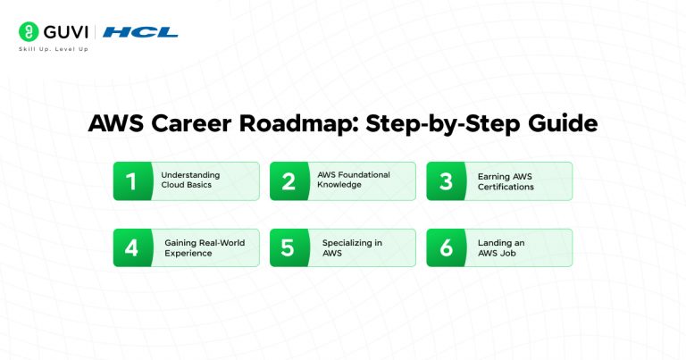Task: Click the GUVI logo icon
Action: click(28, 32)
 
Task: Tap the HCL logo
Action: click(140, 32)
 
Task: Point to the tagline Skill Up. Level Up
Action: click(54, 49)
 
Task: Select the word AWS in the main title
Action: click(113, 124)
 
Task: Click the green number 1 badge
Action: click(130, 181)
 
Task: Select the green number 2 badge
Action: click(288, 181)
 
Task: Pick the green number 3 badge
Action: click(444, 181)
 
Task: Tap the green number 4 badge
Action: click(130, 247)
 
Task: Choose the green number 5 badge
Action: click(288, 247)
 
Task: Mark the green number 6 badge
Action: click(444, 247)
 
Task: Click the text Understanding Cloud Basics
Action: click(190, 181)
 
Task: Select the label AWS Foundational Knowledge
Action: click(354, 180)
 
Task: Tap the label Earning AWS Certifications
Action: click(506, 181)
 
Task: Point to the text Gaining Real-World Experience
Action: click(205, 247)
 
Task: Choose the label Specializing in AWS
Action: click(352, 247)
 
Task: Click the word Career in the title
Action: click(188, 124)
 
